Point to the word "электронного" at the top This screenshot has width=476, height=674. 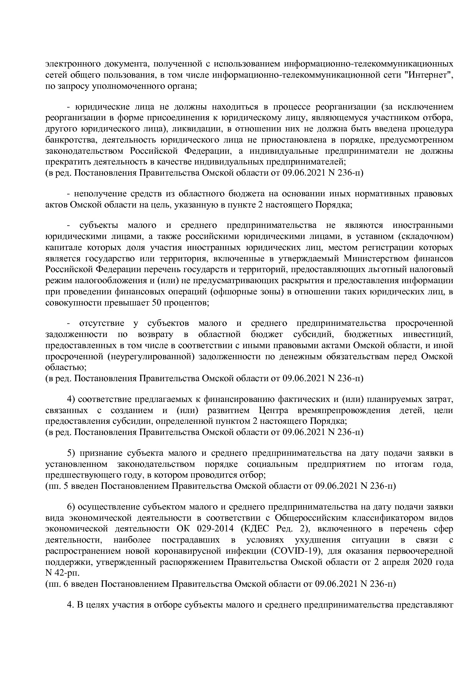click(x=69, y=64)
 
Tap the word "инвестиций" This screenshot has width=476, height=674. click(x=429, y=334)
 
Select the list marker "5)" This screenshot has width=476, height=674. click(x=72, y=453)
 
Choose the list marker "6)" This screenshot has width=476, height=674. click(x=72, y=507)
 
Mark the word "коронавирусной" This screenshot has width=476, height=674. click(x=194, y=551)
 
